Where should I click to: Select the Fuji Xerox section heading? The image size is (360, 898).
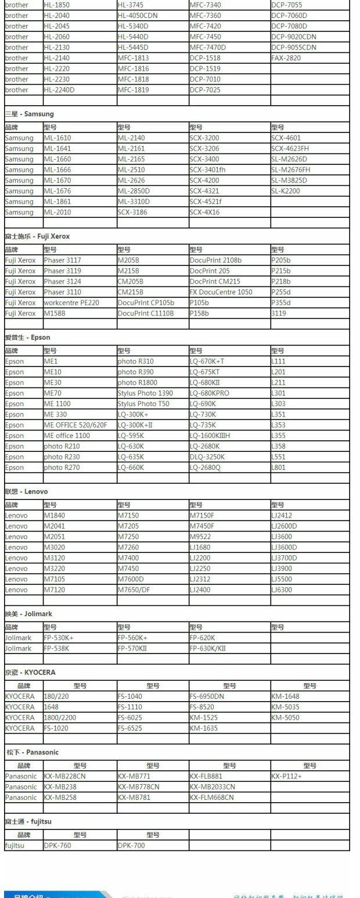37,236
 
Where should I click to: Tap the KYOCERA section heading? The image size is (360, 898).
30,673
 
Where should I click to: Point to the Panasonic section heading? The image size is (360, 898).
33,752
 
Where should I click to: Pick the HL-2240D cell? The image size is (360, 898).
59,90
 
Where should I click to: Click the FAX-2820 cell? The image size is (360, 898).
286,58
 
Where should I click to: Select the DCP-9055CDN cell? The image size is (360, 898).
294,48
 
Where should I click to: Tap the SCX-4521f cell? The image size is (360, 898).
206,202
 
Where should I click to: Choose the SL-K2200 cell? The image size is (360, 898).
286,191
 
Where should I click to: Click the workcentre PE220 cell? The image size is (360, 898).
71,303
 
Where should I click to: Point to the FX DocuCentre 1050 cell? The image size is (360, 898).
221,292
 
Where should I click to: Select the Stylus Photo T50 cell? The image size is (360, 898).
143,404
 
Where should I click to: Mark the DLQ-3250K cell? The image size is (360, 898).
207,457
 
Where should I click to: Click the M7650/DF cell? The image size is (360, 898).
134,590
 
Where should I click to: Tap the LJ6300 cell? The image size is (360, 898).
282,590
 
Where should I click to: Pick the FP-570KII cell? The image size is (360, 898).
132,648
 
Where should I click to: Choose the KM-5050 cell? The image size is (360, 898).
285,717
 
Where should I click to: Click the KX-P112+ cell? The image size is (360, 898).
286,776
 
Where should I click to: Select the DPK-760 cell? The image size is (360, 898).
57,846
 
